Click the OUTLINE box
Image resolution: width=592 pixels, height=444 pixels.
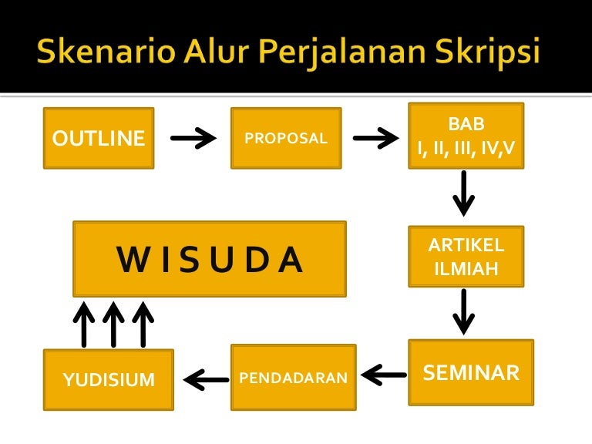point(99,138)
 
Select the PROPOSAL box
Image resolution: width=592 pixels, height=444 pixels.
point(286,138)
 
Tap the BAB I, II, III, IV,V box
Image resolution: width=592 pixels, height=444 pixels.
point(466,136)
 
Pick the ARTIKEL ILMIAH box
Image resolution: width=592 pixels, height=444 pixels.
point(466,257)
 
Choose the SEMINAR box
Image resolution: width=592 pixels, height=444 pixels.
point(471,372)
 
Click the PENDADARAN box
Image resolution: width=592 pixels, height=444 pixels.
point(294,377)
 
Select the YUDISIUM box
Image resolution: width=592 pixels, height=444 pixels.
point(109,379)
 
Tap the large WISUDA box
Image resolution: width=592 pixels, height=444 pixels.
point(210,259)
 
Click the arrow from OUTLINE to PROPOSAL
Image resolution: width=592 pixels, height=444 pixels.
point(193,138)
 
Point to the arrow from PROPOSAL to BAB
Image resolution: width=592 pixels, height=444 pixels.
point(376,138)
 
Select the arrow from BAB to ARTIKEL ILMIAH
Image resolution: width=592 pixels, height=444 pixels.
point(463,193)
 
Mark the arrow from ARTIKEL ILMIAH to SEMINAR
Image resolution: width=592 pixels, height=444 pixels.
point(463,312)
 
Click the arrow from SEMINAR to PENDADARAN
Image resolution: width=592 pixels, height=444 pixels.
point(384,375)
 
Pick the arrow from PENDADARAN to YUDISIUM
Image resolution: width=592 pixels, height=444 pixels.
point(206,380)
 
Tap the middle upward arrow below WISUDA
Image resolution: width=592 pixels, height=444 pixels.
point(113,325)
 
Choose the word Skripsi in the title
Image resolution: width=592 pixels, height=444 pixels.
point(488,53)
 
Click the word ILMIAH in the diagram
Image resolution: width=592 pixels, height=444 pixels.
point(466,269)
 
